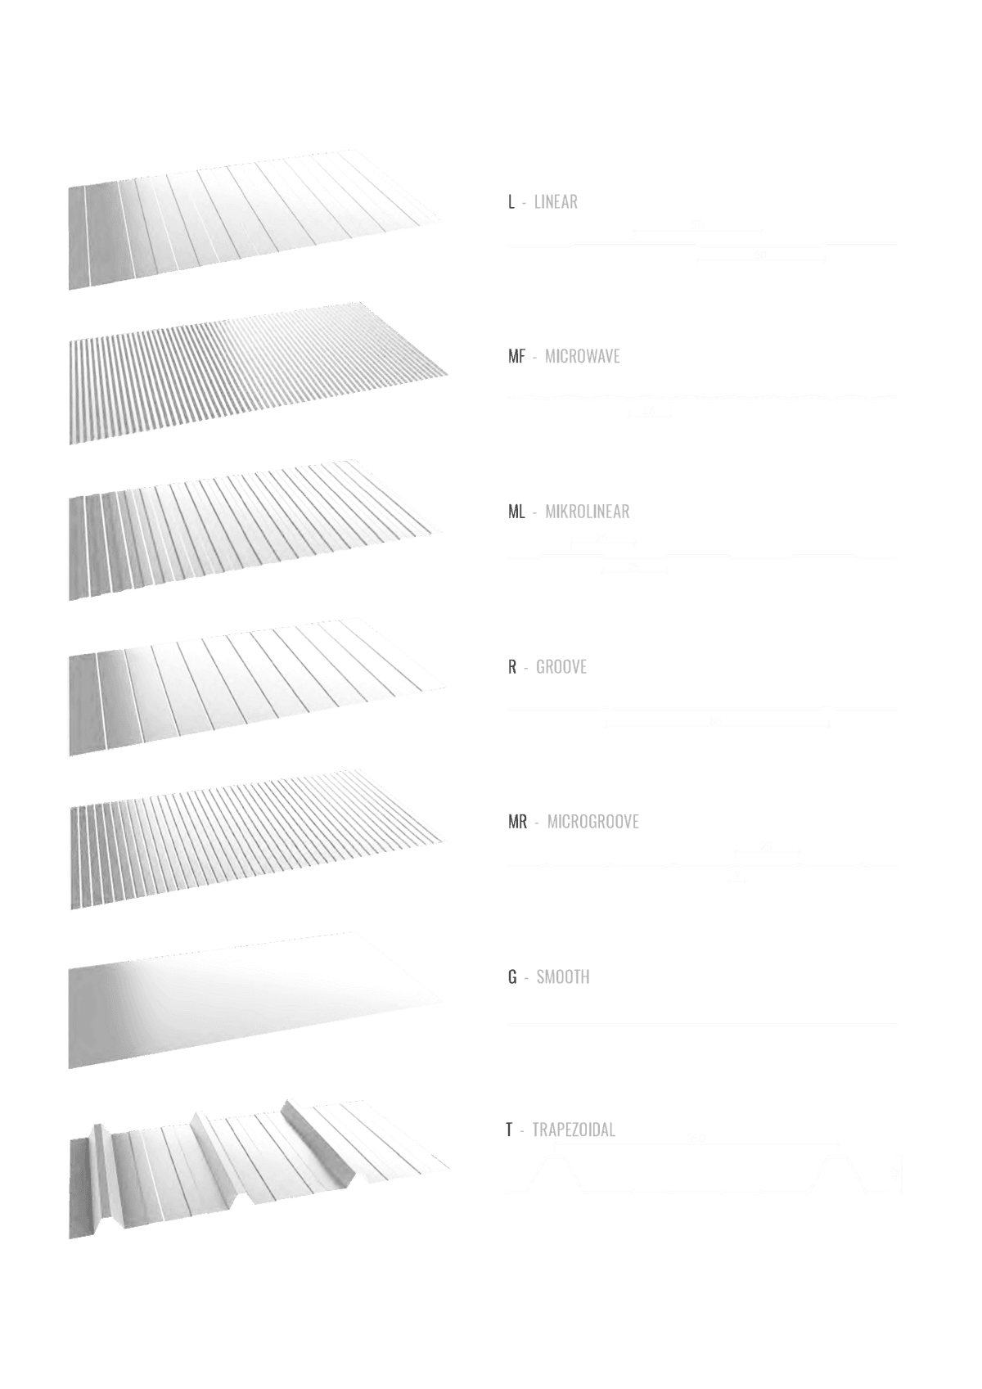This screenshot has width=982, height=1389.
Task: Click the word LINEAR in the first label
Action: (556, 201)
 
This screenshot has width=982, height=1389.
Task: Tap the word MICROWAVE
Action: (583, 356)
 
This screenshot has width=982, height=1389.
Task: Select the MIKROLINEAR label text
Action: (587, 512)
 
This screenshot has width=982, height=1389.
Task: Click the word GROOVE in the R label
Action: (561, 666)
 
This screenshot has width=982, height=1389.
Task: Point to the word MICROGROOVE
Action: (592, 821)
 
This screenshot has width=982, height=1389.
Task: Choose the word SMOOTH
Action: (562, 976)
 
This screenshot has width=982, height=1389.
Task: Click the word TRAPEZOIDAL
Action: (573, 1130)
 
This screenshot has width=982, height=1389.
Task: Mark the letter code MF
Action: (516, 356)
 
